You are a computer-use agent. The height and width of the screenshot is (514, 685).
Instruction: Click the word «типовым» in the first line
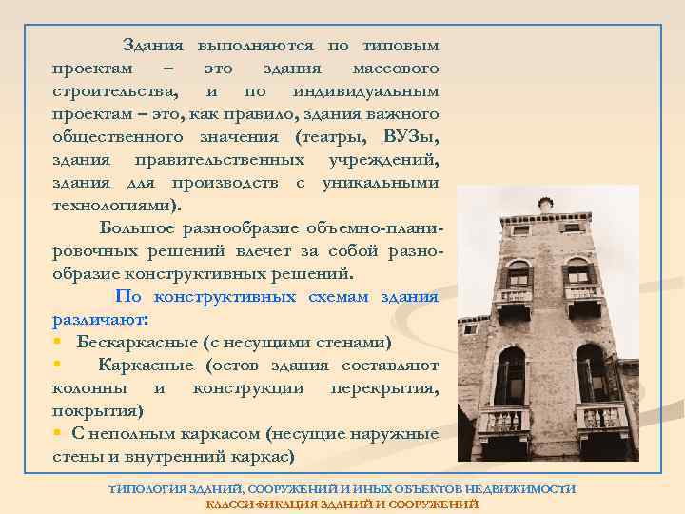[403, 46]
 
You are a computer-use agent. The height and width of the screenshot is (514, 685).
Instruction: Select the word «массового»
[395, 69]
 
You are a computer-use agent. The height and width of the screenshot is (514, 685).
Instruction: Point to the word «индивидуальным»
[366, 91]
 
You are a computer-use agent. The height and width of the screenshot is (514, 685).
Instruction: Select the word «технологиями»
[114, 206]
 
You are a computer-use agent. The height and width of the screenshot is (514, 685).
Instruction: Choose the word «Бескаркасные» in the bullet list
[135, 342]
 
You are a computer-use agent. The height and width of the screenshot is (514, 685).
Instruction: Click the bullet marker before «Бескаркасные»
[59, 342]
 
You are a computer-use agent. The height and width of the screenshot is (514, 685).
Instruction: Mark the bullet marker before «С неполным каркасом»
[59, 433]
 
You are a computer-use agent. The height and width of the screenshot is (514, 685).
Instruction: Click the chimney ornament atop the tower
[545, 204]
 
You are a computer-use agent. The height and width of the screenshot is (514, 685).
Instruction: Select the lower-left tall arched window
[510, 376]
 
